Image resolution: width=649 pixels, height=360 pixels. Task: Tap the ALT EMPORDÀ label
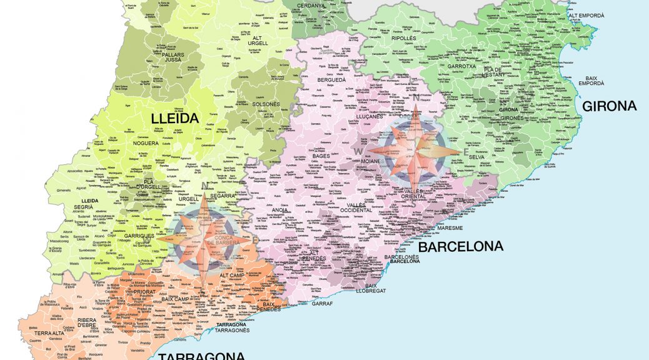586,15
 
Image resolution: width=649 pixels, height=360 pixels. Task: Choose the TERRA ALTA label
49,334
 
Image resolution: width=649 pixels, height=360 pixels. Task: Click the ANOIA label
281,210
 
